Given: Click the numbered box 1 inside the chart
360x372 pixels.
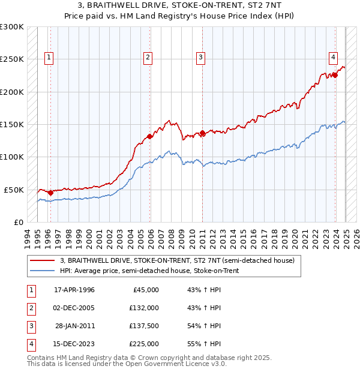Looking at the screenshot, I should tap(49, 58).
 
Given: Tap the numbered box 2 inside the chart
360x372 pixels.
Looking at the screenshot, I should tap(148, 58).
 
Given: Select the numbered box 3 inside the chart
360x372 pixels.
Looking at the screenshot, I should tap(200, 58).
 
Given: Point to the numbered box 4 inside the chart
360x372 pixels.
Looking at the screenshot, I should tap(332, 58).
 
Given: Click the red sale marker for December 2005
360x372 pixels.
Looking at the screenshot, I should tap(150, 136).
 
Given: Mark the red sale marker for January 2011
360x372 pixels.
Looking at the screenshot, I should tap(203, 133).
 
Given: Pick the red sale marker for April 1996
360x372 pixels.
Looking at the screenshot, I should tap(50, 193).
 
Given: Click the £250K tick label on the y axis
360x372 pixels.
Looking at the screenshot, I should tap(12, 59).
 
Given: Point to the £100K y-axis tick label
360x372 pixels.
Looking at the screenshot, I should tap(12, 157).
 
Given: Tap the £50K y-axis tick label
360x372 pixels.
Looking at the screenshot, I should tap(14, 190).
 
